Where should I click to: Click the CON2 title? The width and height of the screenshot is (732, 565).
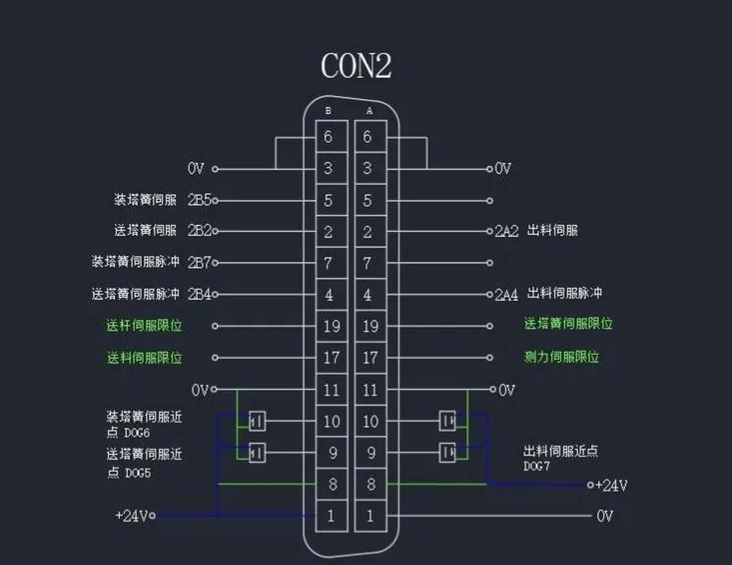point(356,66)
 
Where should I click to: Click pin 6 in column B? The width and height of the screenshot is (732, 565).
point(328,137)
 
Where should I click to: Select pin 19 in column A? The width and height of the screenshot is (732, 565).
point(370,327)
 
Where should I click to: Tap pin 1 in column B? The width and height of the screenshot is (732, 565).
point(330,516)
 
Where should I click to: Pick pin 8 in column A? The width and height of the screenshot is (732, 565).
point(371,484)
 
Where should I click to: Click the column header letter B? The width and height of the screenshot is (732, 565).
point(328,111)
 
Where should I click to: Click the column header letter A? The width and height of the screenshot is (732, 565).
point(370,111)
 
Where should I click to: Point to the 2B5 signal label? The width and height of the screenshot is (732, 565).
point(200,200)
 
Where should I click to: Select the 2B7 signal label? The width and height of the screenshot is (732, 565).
point(200,263)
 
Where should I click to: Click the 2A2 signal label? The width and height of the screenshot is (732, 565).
point(506,231)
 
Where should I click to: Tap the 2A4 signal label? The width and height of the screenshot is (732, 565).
point(506,294)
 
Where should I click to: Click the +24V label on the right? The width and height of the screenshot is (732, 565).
point(611,486)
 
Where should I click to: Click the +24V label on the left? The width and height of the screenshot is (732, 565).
point(132,516)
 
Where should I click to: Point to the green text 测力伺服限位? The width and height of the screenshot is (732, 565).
point(561,357)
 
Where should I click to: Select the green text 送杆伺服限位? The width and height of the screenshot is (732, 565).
point(144,326)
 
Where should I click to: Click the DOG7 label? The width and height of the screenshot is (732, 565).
point(536,466)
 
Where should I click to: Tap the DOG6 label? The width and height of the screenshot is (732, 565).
point(137,433)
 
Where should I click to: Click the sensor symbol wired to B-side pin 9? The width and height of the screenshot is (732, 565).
point(257,453)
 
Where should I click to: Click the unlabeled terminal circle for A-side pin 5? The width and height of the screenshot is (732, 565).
point(490,201)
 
